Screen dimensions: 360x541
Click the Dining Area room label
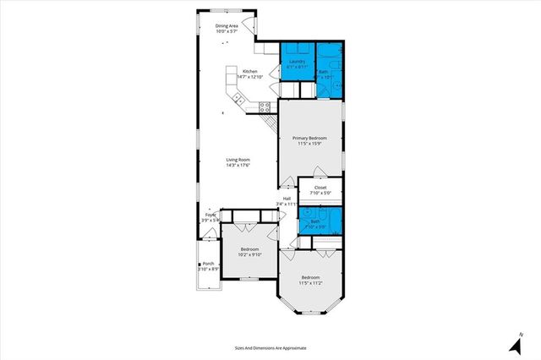[x=227, y=26]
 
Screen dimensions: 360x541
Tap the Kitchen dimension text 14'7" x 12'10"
[x=249, y=77]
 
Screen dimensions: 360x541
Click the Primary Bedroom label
[x=309, y=138]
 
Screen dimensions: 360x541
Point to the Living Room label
[x=238, y=159]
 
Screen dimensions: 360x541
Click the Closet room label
[x=320, y=188]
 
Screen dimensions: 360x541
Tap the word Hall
[x=287, y=199]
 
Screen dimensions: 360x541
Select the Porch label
[x=208, y=263]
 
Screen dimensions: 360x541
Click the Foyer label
[x=210, y=215]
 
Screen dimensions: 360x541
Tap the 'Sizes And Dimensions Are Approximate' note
[x=270, y=347]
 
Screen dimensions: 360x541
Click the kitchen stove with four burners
[x=265, y=106]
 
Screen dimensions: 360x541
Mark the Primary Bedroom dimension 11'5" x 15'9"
[x=309, y=144]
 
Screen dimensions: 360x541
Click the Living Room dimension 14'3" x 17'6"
[x=238, y=165]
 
